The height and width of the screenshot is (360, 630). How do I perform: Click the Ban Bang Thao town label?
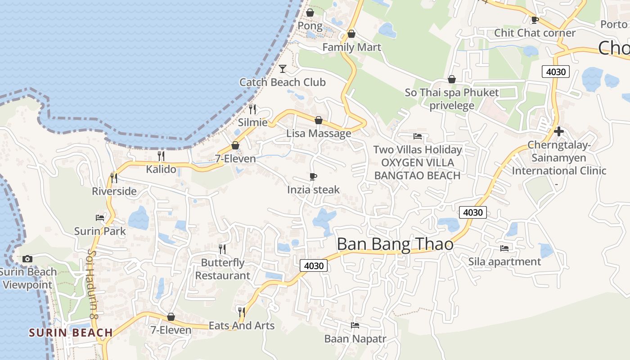pyautogui.click(x=395, y=244)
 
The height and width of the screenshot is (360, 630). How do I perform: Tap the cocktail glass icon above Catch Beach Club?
pyautogui.click(x=283, y=68)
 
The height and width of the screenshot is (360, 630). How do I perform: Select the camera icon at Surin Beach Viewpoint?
pyautogui.click(x=27, y=259)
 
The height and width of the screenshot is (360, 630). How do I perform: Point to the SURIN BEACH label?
pyautogui.click(x=71, y=333)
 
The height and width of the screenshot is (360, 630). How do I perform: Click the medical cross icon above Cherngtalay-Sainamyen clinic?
pyautogui.click(x=558, y=131)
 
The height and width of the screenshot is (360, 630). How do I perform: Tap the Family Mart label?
pyautogui.click(x=351, y=47)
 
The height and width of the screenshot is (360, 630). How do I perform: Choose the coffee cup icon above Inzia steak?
pyautogui.click(x=313, y=176)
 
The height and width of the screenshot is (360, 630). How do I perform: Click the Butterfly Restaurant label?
pyautogui.click(x=223, y=269)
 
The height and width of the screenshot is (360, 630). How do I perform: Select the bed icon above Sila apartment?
pyautogui.click(x=504, y=248)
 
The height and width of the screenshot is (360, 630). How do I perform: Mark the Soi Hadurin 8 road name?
pyautogui.click(x=93, y=284)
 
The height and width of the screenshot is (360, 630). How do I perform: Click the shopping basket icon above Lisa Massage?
pyautogui.click(x=319, y=120)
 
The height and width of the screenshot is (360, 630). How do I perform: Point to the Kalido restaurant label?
pyautogui.click(x=161, y=170)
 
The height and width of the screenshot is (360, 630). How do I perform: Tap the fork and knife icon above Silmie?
pyautogui.click(x=252, y=109)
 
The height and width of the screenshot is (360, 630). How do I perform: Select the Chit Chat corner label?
pyautogui.click(x=535, y=33)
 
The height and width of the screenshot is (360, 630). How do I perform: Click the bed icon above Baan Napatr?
pyautogui.click(x=355, y=325)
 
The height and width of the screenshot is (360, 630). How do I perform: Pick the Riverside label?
pyautogui.click(x=114, y=191)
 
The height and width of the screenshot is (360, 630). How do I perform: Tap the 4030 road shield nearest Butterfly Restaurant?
pyautogui.click(x=314, y=265)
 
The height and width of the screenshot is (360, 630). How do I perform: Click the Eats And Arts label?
pyautogui.click(x=242, y=325)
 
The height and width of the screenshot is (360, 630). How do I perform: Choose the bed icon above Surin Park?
pyautogui.click(x=100, y=218)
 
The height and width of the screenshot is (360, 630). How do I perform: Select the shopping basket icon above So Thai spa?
pyautogui.click(x=452, y=80)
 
